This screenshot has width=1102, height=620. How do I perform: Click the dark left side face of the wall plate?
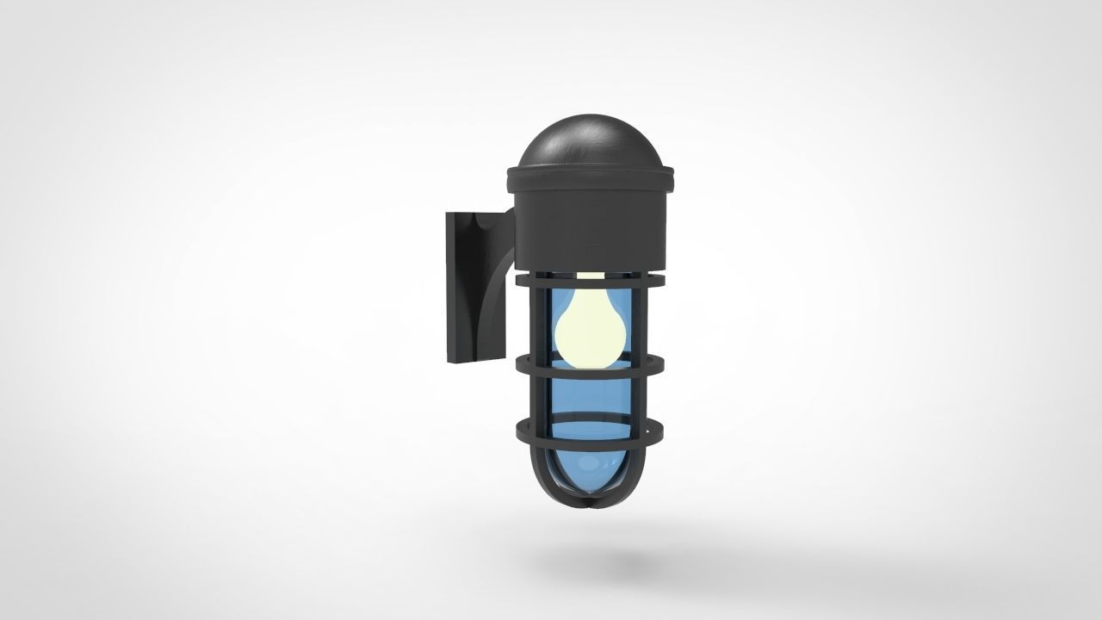click(452, 288)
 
